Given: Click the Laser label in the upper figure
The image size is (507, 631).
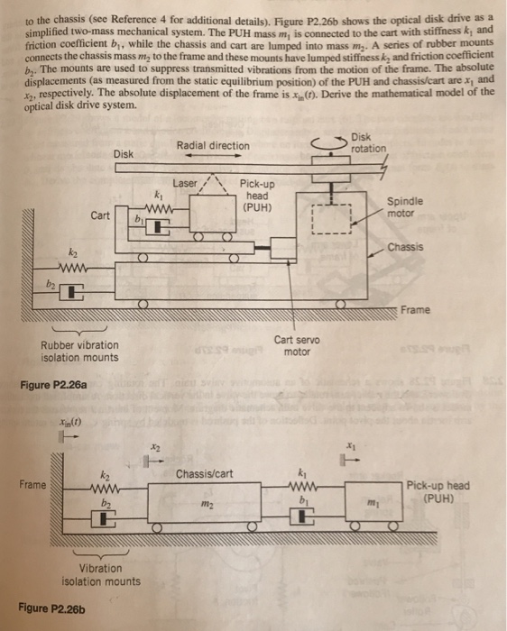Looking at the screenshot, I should pyautogui.click(x=184, y=182).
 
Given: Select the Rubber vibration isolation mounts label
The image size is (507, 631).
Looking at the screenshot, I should pyautogui.click(x=79, y=351).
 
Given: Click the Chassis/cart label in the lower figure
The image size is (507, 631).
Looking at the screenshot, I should pyautogui.click(x=204, y=474).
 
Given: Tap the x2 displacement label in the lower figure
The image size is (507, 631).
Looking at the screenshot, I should pyautogui.click(x=154, y=447).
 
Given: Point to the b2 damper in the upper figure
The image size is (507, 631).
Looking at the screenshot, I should pyautogui.click(x=70, y=290).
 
